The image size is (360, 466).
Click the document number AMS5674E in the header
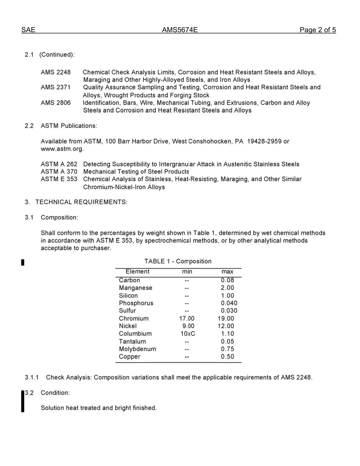180,30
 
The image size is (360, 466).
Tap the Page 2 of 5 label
318,30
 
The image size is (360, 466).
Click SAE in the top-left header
28,30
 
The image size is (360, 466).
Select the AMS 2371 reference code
56,88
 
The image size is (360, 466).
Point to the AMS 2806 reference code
56,103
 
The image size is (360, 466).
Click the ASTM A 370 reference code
59,172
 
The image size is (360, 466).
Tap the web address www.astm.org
62,149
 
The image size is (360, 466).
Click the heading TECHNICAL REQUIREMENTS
81,202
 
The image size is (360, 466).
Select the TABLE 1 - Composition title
178,261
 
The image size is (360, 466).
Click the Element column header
138,272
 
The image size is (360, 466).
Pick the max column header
227,272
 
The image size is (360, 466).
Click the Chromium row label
134,319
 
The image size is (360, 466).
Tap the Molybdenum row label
137,349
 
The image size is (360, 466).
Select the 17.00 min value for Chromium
187,319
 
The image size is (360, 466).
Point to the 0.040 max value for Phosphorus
229,303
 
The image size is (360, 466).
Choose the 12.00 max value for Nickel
226,326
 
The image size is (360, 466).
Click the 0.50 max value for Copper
227,357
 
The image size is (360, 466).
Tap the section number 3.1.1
32,378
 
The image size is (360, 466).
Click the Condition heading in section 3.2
55,393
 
